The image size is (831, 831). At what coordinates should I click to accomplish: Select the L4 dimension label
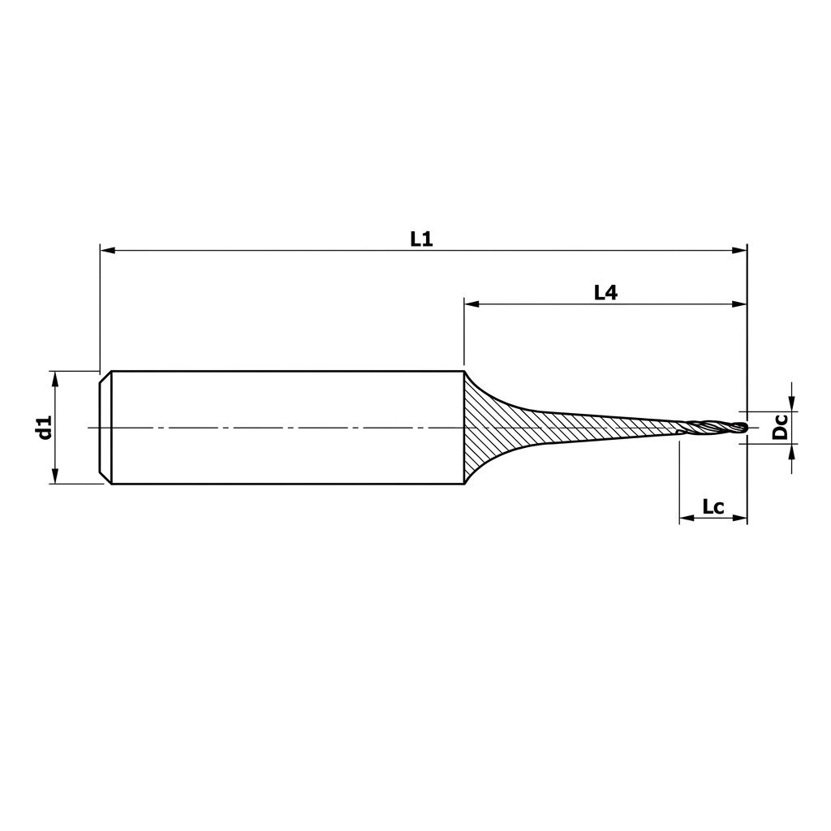point(605,293)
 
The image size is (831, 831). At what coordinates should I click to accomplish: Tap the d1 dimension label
point(44,427)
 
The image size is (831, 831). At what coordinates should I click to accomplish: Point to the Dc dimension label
point(780,427)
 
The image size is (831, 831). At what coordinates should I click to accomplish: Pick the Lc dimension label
point(713,508)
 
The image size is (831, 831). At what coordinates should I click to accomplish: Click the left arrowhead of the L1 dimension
point(106,252)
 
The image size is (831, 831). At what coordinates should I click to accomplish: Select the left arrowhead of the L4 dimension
point(471,305)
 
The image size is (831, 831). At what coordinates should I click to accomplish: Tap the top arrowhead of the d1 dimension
point(55,378)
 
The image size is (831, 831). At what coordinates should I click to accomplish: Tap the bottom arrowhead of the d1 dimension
point(55,476)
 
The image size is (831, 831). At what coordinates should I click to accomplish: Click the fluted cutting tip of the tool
point(714,428)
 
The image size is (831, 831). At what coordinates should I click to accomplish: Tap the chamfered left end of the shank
point(105,427)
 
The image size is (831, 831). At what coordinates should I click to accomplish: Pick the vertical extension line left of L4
point(463,333)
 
